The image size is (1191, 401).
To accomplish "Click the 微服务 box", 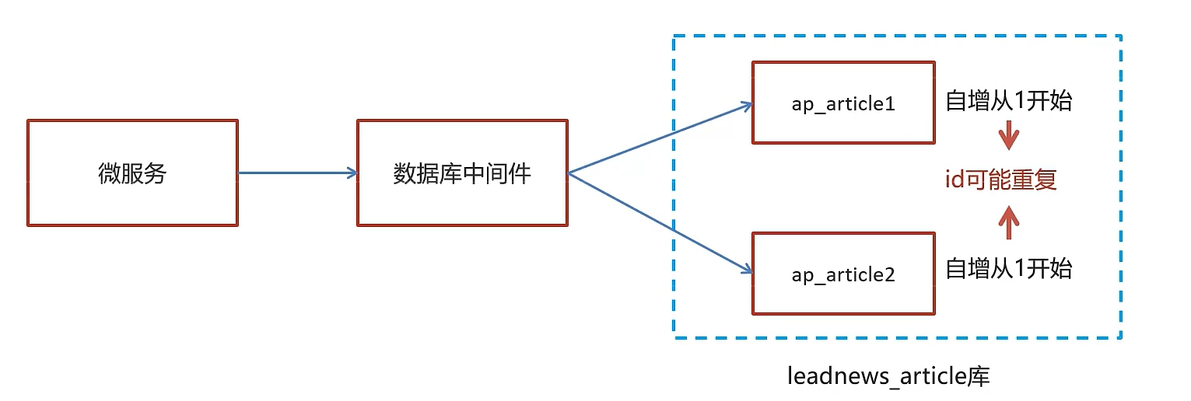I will tap(132, 173).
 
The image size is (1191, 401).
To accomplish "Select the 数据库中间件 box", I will tap(462, 173).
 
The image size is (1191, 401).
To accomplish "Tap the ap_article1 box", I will tap(843, 103).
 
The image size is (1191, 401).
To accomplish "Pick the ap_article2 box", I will tap(843, 273).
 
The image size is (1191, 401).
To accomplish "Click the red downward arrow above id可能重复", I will tap(1008, 137).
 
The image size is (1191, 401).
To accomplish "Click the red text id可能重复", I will tap(1000, 180).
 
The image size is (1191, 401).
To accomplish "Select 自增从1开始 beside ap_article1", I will tap(1008, 100).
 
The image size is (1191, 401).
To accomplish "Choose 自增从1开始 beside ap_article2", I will tap(1008, 268).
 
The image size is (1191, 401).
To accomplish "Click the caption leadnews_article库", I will tap(888, 377).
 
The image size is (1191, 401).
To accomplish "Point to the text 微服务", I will tap(132, 173).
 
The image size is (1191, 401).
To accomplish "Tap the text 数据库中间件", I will tap(462, 173).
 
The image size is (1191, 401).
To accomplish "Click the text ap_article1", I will tap(843, 103).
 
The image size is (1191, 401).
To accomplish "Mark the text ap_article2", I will tap(843, 274).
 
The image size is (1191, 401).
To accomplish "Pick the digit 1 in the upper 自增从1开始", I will tap(1018, 100).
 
